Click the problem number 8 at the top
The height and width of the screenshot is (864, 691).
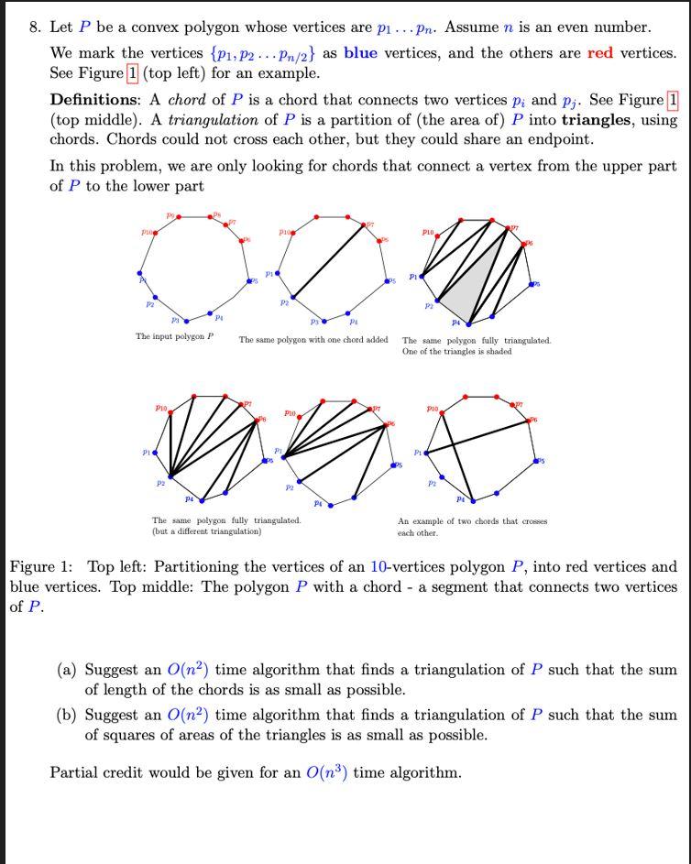35,27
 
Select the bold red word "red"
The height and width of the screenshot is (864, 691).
600,52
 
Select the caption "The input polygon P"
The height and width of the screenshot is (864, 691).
174,336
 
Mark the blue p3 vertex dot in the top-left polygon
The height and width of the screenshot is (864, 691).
187,321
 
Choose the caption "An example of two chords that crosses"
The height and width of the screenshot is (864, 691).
472,521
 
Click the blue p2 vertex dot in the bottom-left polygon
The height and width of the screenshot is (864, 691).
168,475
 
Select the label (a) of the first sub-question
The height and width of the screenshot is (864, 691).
67,670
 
